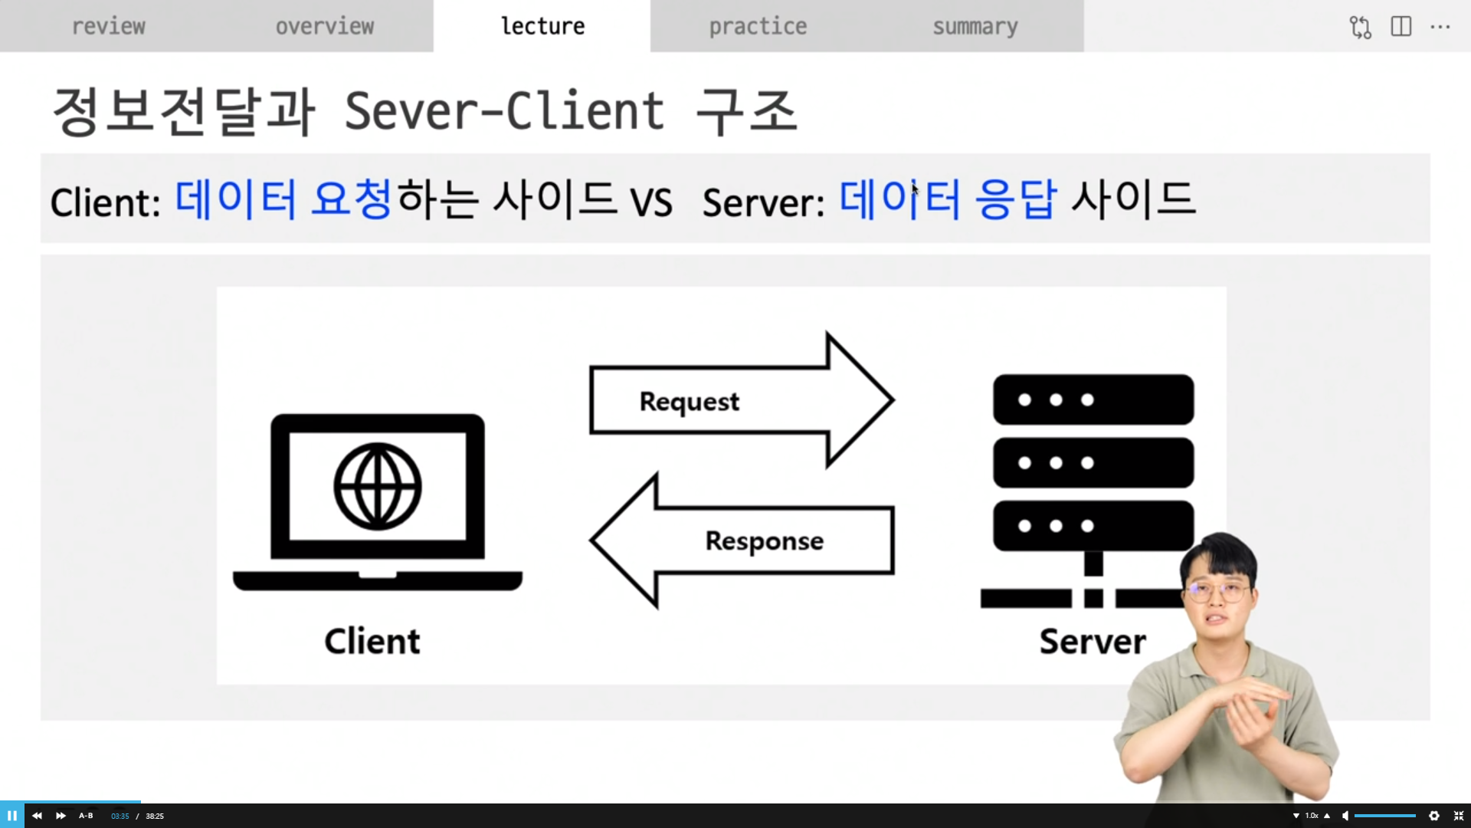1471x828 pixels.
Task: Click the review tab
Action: coord(108,26)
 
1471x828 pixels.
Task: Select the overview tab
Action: coord(325,26)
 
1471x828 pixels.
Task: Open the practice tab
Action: coord(758,26)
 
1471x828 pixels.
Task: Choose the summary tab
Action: coord(975,26)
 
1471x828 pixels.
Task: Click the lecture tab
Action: coord(542,26)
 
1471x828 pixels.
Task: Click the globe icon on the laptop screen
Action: coord(378,486)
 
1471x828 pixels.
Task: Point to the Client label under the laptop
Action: coord(372,641)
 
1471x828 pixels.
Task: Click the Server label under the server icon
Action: coord(1092,641)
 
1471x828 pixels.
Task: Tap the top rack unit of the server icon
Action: coord(1093,399)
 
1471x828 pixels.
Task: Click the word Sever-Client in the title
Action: coord(504,111)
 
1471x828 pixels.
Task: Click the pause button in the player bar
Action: coord(12,816)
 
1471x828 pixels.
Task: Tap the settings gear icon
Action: coord(1434,816)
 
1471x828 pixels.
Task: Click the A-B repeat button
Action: coord(86,816)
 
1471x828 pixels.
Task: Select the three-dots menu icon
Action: coord(1440,27)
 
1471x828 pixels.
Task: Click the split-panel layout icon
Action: coord(1401,27)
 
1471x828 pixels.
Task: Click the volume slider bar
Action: coord(1384,816)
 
